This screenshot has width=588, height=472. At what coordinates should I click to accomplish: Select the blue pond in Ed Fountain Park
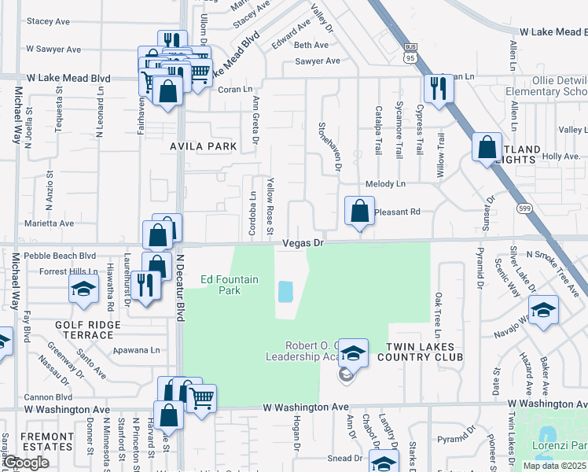click(x=285, y=292)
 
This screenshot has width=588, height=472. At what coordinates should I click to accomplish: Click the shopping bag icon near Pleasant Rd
click(x=359, y=211)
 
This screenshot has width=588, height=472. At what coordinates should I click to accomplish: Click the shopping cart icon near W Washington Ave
click(x=201, y=399)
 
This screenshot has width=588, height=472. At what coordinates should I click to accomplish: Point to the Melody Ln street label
click(x=389, y=184)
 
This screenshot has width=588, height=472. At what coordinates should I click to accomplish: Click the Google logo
click(x=27, y=463)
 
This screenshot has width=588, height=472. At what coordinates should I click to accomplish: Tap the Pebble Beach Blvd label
click(x=60, y=256)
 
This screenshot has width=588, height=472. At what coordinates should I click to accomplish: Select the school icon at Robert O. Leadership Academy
click(x=354, y=353)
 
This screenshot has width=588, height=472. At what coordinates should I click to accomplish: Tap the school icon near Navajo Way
click(x=543, y=309)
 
